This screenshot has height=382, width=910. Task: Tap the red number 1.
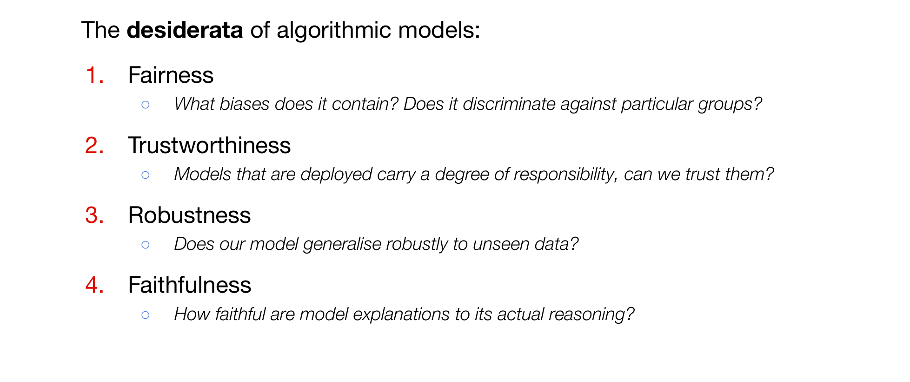(95, 75)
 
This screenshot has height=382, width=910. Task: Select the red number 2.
(94, 145)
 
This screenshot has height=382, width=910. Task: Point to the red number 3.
(94, 215)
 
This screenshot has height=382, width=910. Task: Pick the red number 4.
(94, 285)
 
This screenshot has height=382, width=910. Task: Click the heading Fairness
(171, 75)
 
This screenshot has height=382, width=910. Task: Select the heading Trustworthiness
(209, 145)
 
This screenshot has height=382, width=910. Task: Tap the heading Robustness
(189, 215)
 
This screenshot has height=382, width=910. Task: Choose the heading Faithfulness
(190, 285)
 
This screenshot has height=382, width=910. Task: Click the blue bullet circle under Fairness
(146, 105)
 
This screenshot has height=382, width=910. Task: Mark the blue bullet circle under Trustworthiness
(146, 175)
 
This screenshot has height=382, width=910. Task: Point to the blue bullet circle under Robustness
(146, 245)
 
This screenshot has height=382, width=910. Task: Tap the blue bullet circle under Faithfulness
(146, 315)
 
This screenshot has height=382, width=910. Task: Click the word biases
(244, 104)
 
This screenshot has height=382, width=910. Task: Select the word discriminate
(509, 104)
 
